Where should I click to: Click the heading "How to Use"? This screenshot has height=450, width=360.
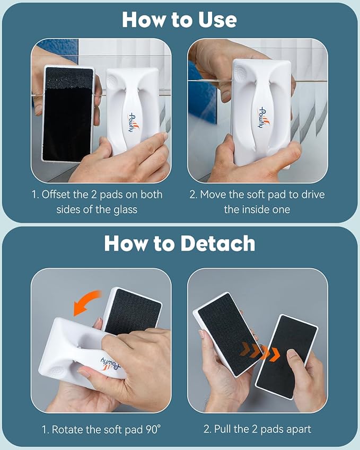[179, 20]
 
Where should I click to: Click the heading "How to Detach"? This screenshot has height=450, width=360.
[179, 243]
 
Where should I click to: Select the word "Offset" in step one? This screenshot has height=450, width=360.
[56, 195]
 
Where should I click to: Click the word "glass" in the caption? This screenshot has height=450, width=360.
[125, 210]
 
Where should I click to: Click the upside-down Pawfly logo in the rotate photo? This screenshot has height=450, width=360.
[110, 363]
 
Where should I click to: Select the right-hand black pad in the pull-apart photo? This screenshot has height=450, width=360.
[287, 356]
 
